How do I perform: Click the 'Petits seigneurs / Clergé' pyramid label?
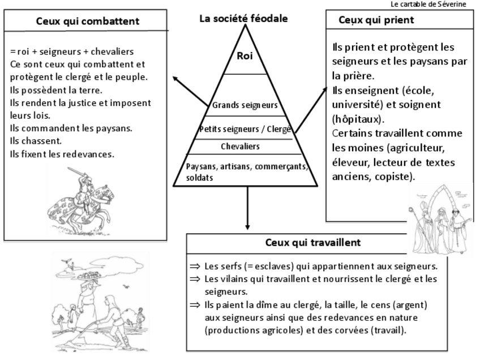coord(245,129)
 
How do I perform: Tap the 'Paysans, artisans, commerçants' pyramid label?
coord(247,166)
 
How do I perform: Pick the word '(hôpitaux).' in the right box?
coord(358,119)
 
